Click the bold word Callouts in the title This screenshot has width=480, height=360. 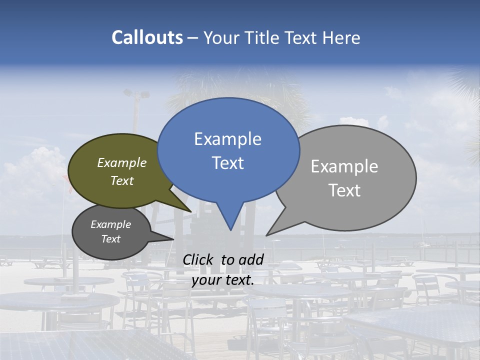point(147,37)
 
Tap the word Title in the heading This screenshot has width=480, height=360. point(263,37)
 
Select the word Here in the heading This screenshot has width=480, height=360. point(341,37)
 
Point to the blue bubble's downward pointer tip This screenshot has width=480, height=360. point(230,229)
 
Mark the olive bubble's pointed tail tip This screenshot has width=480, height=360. point(190,211)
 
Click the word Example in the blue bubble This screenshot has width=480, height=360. point(227,139)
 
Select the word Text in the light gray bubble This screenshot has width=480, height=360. point(344,190)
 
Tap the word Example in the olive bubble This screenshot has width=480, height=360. point(122,163)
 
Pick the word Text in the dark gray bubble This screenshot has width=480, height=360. point(110,239)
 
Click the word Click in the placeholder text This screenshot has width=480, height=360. point(198,259)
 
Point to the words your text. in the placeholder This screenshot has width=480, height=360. point(223,280)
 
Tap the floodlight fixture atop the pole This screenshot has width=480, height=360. point(136,93)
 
